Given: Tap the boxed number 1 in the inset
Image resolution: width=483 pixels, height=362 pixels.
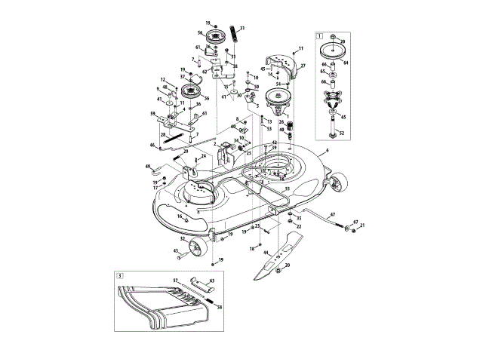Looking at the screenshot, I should [x=320, y=35].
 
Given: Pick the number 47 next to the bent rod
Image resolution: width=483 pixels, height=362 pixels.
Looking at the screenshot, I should [x=331, y=216].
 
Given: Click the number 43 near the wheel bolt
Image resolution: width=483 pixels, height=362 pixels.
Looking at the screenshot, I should [x=175, y=251].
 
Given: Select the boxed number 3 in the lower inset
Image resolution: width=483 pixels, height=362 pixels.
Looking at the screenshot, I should [x=119, y=276].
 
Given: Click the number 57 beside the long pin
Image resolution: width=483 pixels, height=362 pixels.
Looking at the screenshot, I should [x=175, y=280].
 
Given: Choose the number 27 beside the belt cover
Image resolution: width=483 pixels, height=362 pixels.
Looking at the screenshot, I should [x=302, y=66].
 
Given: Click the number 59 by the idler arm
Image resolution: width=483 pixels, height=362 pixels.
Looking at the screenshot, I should [x=152, y=115].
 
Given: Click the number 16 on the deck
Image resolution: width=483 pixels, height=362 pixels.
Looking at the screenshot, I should [x=179, y=216].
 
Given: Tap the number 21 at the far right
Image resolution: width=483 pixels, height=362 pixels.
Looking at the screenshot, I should [x=362, y=225].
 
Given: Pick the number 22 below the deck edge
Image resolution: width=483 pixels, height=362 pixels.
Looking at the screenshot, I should [x=299, y=225].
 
